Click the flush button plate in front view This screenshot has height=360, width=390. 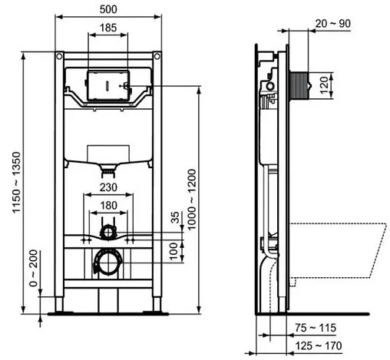108,85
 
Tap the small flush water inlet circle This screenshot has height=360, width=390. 109,230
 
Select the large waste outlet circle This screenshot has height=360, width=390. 108,263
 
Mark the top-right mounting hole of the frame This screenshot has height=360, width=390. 157,57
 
